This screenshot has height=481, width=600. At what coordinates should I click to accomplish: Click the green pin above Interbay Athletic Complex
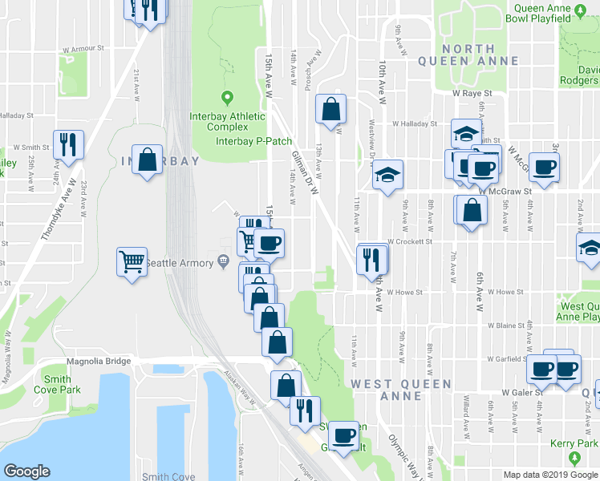[227, 99]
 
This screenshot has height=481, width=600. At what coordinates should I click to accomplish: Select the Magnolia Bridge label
[98, 362]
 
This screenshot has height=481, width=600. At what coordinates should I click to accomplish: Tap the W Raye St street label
[471, 93]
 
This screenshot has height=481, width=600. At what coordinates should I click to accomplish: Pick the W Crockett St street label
[409, 240]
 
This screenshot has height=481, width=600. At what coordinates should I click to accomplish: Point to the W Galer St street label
[523, 393]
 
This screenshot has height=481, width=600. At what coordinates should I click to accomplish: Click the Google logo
[26, 471]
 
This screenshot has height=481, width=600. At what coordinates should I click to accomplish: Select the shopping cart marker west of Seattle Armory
[132, 261]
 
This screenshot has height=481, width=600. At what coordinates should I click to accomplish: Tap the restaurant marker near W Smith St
[67, 144]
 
